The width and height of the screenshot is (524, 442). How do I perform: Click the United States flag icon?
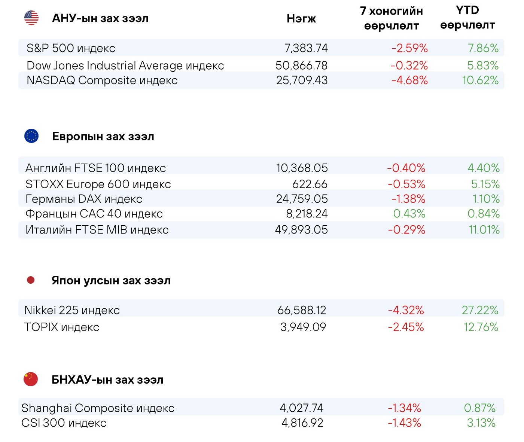(31, 18)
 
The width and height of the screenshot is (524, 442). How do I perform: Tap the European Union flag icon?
(31, 136)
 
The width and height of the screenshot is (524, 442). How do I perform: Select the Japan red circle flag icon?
(31, 280)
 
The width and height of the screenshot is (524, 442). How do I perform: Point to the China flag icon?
(31, 379)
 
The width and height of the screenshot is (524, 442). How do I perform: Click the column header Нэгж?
(301, 19)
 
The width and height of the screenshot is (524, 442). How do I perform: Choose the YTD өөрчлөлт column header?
(467, 18)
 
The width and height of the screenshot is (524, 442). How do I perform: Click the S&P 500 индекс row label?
(71, 48)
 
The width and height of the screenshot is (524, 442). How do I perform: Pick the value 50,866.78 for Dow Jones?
(301, 65)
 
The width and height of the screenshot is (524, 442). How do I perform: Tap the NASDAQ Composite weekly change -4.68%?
(409, 80)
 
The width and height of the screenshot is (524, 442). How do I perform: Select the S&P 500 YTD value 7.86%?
(483, 48)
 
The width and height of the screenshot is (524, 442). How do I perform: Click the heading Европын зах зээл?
(103, 136)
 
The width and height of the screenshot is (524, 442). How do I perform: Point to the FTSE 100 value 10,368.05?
(302, 168)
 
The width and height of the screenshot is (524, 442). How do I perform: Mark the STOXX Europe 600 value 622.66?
(310, 184)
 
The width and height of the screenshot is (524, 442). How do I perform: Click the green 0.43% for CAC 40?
(409, 214)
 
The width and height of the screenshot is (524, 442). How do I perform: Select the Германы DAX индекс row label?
(84, 199)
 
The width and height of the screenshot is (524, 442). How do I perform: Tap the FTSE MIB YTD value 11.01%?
(484, 230)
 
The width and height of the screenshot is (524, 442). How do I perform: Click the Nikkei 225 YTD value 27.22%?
(480, 310)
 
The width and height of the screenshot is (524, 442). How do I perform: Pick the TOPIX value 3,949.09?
(303, 327)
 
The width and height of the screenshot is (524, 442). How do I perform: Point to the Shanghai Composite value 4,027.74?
(301, 408)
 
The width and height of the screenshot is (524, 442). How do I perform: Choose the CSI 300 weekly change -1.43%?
(404, 423)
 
